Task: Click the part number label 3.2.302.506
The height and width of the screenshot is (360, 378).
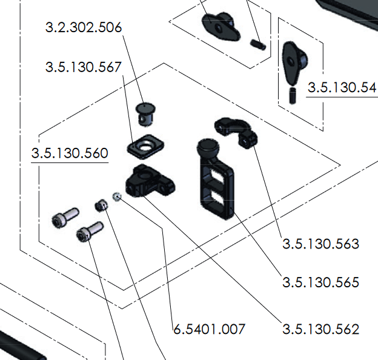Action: click(84, 27)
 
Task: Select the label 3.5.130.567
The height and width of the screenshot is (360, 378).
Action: click(83, 67)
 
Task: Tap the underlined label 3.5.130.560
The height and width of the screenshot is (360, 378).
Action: click(70, 153)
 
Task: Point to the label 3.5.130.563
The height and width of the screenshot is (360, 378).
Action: click(320, 244)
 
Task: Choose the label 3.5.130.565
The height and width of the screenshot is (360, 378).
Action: click(320, 282)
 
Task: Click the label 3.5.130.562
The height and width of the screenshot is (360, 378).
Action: click(320, 329)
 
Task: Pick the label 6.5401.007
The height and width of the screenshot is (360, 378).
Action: click(209, 329)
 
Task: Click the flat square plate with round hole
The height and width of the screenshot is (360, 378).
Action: click(145, 146)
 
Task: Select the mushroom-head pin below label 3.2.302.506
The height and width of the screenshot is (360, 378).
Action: click(145, 113)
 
